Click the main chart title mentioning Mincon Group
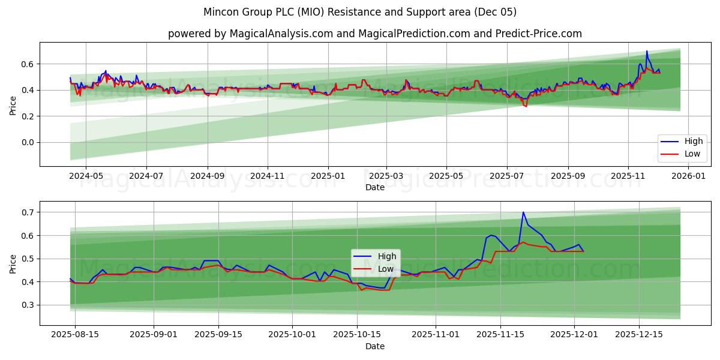point(360,12)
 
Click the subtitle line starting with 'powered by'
point(374,34)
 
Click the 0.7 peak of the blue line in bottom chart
point(523,212)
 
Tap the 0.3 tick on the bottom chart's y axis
point(28,305)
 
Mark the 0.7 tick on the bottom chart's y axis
point(28,212)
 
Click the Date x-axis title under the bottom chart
point(374,346)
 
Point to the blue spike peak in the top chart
point(647,51)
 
